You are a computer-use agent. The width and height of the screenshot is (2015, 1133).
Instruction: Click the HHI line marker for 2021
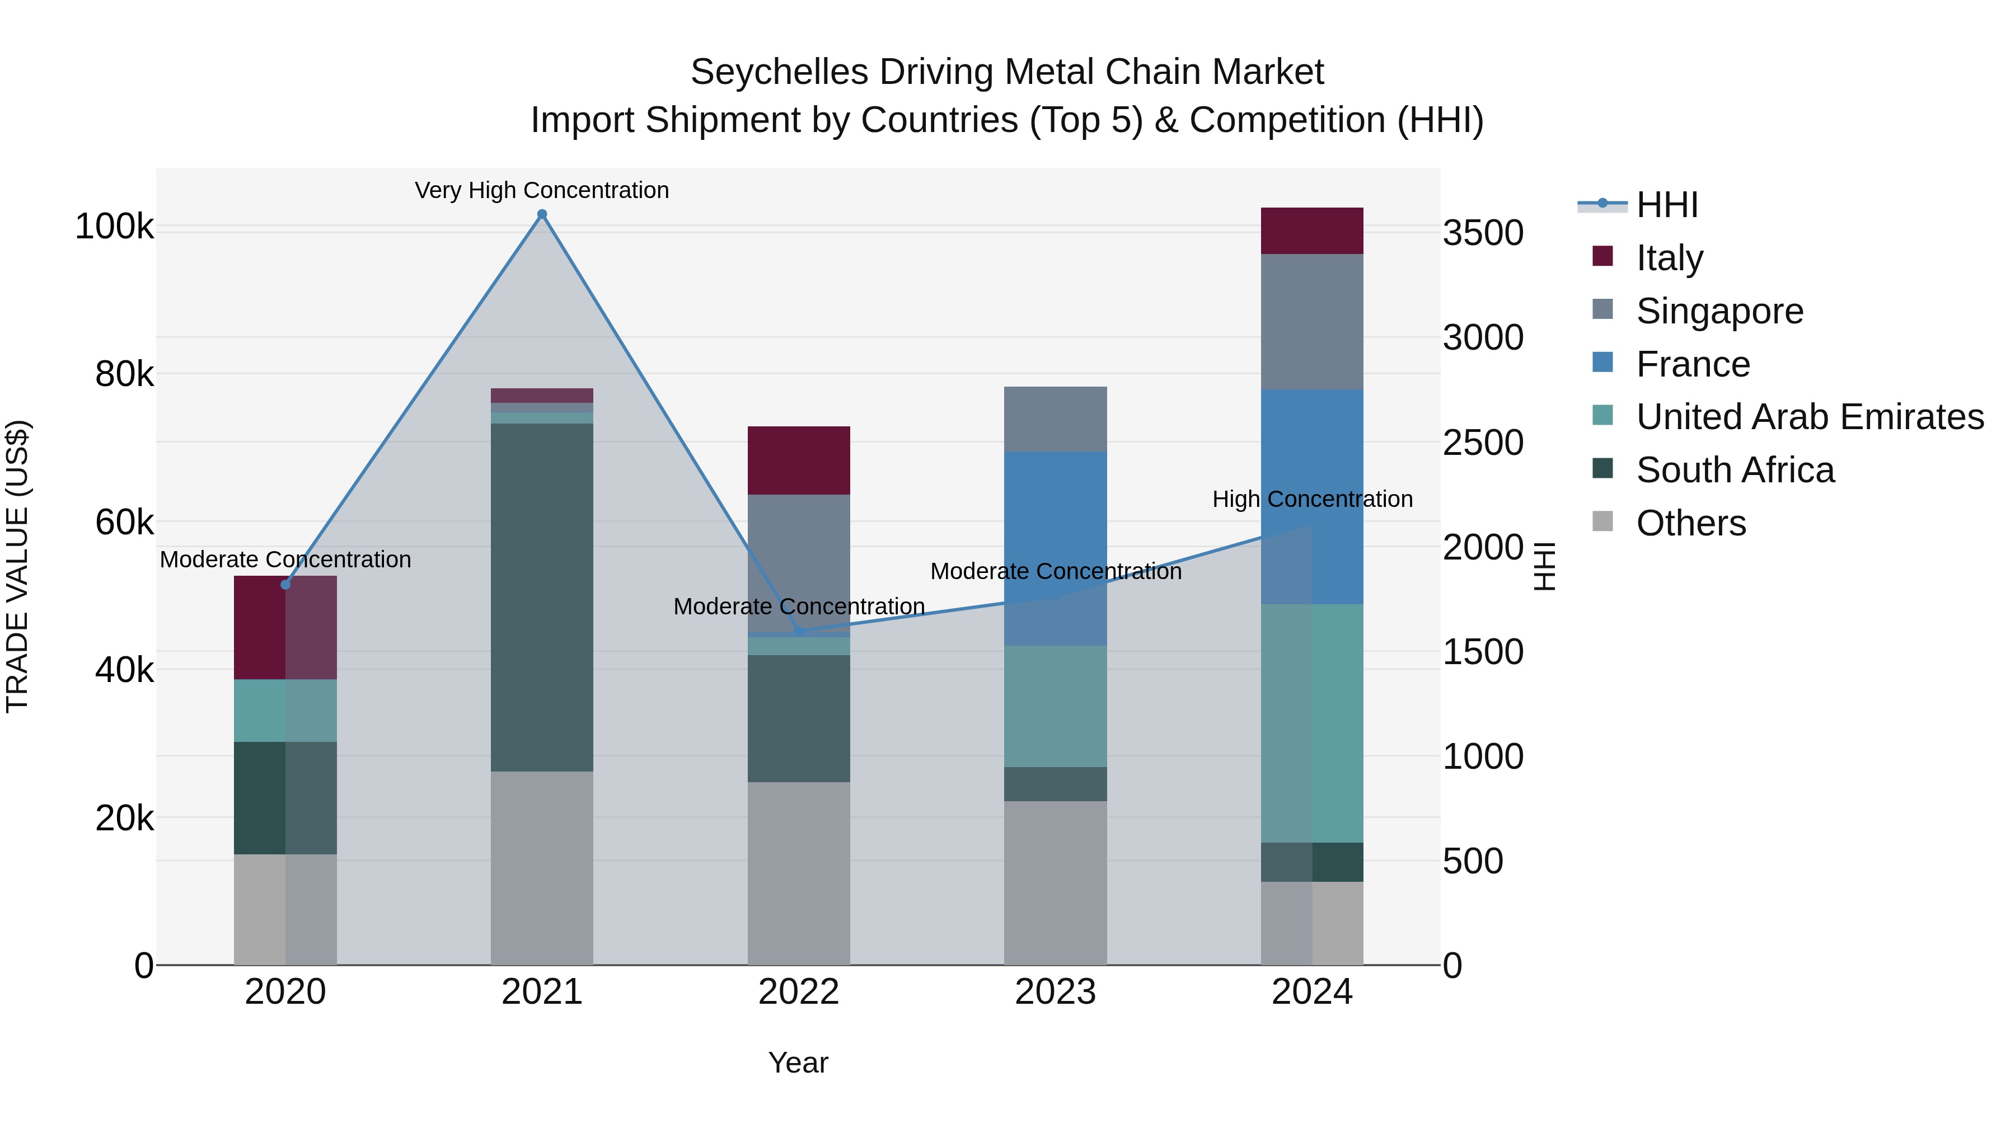[x=541, y=214]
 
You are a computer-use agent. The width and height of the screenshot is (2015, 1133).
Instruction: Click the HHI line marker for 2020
[x=285, y=584]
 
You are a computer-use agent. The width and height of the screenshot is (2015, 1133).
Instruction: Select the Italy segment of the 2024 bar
[x=1312, y=231]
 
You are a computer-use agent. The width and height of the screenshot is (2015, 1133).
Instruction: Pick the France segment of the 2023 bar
[x=1055, y=547]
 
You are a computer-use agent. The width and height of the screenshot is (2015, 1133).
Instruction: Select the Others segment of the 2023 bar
[x=1055, y=882]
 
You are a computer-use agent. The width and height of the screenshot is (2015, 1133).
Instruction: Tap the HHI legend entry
[x=1666, y=205]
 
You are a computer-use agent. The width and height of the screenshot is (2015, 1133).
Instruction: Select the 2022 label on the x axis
[x=799, y=992]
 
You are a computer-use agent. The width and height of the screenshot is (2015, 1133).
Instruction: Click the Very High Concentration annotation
[x=541, y=190]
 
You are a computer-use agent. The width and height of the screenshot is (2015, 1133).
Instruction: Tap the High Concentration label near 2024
[x=1312, y=499]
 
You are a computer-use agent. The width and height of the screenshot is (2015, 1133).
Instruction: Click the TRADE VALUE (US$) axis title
[x=17, y=566]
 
